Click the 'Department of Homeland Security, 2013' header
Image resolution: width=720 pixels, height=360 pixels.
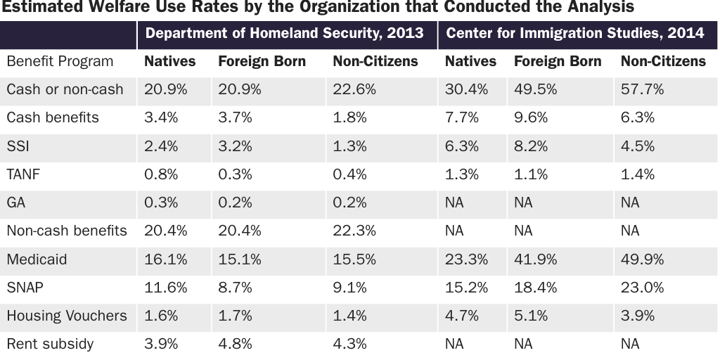pos(284,33)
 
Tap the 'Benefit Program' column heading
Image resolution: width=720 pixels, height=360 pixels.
pos(60,61)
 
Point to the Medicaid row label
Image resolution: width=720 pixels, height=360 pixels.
pos(37,259)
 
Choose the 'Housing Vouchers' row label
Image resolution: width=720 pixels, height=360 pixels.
pos(67,316)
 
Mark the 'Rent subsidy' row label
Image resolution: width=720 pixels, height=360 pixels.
pos(50,344)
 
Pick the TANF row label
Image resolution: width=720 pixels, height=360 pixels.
pos(23,174)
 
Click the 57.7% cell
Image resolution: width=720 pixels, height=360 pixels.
pos(642,89)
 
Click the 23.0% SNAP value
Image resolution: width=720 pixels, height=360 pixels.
pos(642,288)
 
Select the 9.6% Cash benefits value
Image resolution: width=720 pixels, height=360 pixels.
pos(531,117)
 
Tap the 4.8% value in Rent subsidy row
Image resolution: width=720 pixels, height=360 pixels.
pos(235,344)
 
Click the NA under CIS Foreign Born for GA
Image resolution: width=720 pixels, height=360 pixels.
pos(523,202)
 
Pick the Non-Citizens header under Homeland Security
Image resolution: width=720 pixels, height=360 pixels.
pos(375,61)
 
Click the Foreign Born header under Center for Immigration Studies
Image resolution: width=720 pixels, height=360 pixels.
pos(558,61)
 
